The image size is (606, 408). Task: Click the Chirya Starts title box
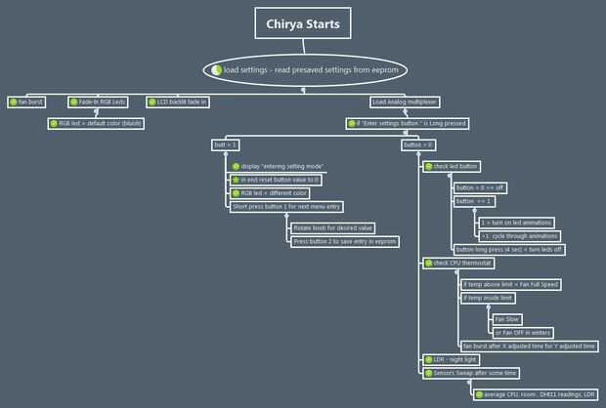click(x=304, y=23)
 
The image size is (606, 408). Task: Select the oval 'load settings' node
click(x=304, y=70)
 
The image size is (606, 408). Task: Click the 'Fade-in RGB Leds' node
click(x=99, y=101)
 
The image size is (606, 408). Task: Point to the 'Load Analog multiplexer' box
click(x=404, y=101)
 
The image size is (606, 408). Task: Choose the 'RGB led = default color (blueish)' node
click(x=99, y=123)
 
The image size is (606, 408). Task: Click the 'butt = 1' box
click(x=226, y=144)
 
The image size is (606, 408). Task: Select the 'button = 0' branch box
click(x=418, y=144)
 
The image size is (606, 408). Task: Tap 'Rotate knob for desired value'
click(x=331, y=227)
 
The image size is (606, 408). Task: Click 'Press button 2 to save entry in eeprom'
click(x=345, y=241)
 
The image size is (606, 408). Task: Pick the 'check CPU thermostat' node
click(x=458, y=264)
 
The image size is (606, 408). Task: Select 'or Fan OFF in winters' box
click(x=522, y=333)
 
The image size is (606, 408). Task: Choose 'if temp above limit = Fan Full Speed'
click(x=510, y=284)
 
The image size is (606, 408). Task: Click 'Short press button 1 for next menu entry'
click(x=282, y=206)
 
